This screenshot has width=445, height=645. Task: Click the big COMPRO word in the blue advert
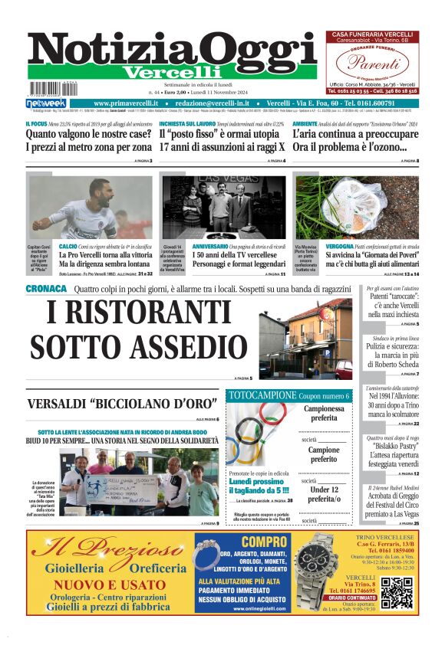242,542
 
